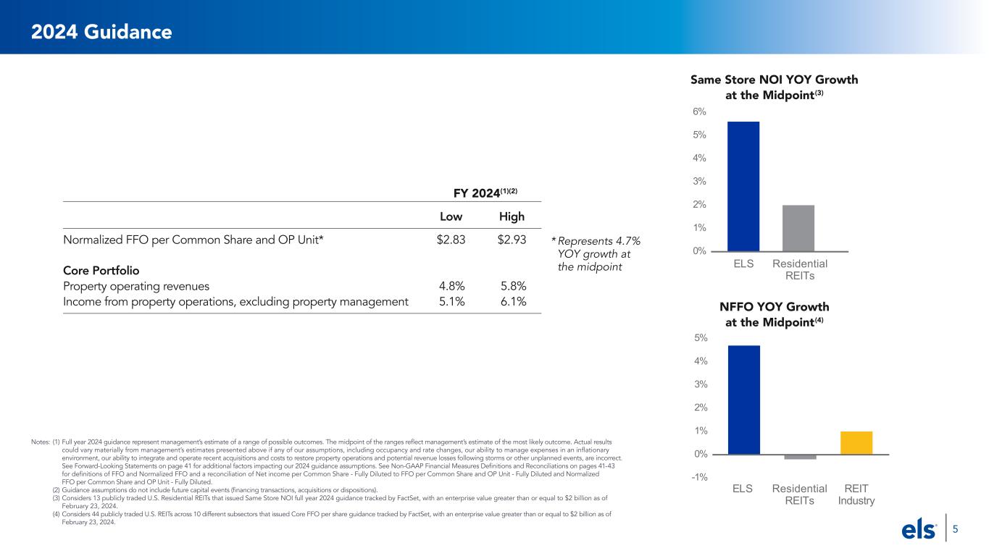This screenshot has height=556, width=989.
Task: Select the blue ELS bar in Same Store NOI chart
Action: click(x=743, y=186)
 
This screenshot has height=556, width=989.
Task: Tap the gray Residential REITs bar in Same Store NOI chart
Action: click(x=798, y=228)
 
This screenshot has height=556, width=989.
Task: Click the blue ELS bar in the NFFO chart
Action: click(x=743, y=400)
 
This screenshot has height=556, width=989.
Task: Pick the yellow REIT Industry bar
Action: click(x=856, y=443)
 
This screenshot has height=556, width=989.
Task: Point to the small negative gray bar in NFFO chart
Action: click(x=800, y=457)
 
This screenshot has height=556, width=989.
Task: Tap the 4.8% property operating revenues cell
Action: click(x=452, y=286)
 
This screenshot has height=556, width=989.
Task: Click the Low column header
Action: click(x=452, y=217)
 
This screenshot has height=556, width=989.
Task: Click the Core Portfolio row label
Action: click(x=101, y=270)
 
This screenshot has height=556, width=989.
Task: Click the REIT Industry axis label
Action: click(x=856, y=494)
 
